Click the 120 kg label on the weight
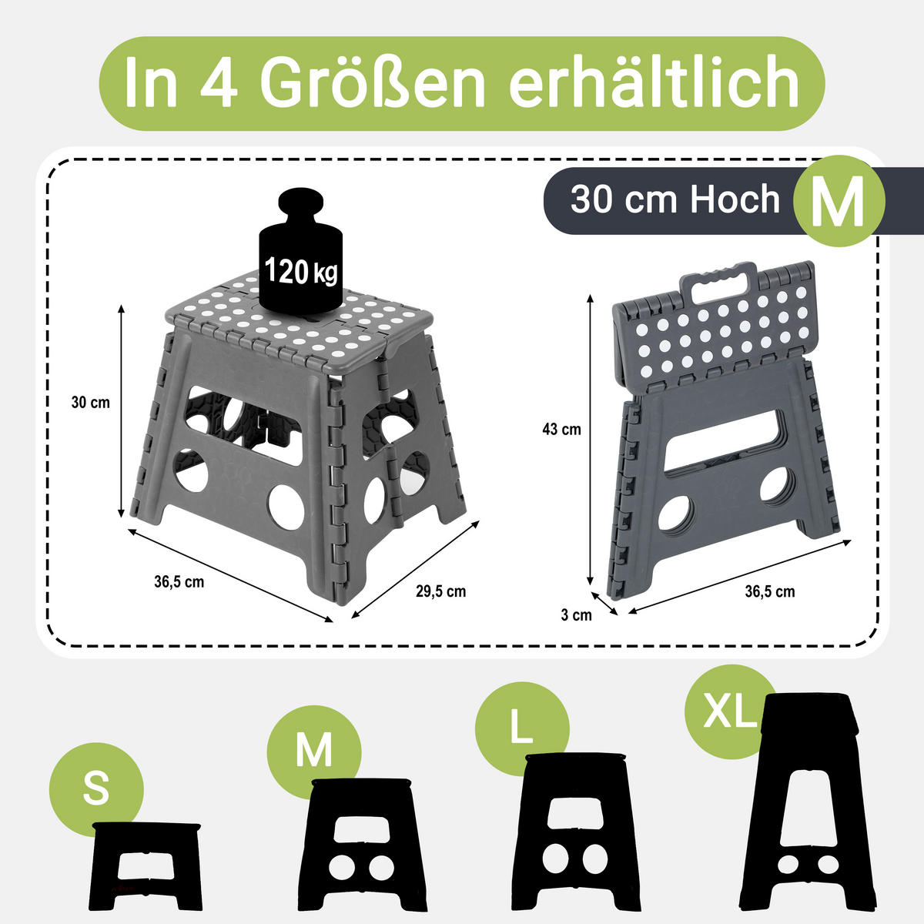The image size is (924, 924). click(x=301, y=270)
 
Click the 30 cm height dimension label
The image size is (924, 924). click(x=90, y=403)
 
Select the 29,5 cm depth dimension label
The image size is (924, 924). click(x=440, y=591)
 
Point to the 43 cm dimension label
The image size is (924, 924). click(x=561, y=430)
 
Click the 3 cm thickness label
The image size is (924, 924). click(x=576, y=614)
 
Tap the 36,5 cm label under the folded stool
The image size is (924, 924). click(x=769, y=591)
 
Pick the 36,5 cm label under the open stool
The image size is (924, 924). click(x=179, y=582)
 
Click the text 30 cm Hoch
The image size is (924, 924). click(x=675, y=200)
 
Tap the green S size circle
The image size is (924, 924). click(x=96, y=790)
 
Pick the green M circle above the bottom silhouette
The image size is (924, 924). click(x=314, y=750)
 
